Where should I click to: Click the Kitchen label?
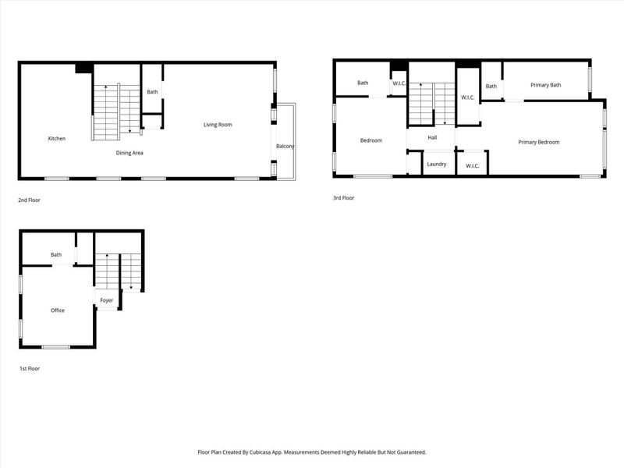[x=57, y=139]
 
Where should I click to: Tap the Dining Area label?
[x=129, y=153]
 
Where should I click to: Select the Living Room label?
[x=218, y=125]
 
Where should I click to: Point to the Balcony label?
[x=285, y=147]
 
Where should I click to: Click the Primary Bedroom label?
[x=539, y=142]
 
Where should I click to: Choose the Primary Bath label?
[x=545, y=85]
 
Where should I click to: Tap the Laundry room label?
[x=436, y=164]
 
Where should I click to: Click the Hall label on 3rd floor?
[x=431, y=138]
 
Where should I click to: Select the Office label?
[x=58, y=310]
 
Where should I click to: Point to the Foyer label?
[x=106, y=300]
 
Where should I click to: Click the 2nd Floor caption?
[x=29, y=200]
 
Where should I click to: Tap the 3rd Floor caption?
[x=343, y=198]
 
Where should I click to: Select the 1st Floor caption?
[x=29, y=368]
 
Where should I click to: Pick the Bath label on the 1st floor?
[x=56, y=255]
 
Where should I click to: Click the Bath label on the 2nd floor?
[x=152, y=92]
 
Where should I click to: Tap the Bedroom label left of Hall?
[x=370, y=140]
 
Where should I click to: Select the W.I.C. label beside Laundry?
[x=473, y=166]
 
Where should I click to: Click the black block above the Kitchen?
[x=83, y=69]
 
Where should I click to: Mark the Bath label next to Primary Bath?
[x=491, y=87]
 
